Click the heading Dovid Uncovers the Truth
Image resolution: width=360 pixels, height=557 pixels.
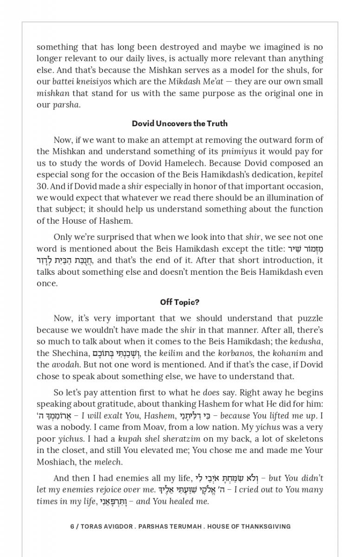[180, 123]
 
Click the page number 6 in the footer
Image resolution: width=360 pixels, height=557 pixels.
[72, 526]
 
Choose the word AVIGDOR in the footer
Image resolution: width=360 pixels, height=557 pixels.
[112, 526]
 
